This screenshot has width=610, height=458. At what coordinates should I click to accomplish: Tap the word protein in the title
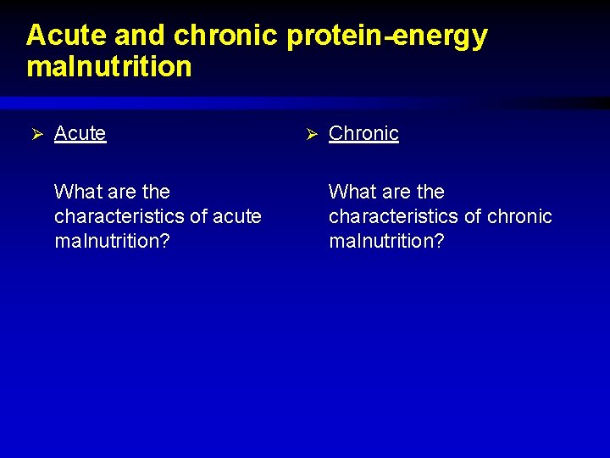(x=335, y=36)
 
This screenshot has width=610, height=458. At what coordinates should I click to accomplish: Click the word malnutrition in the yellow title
(x=109, y=66)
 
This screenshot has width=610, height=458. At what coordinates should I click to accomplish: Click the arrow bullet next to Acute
(x=36, y=134)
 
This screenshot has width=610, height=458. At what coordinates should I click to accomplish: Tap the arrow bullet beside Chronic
(x=310, y=134)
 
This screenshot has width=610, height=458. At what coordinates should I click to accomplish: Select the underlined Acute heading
(x=80, y=133)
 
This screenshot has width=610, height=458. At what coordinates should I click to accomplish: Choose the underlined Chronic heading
(x=363, y=133)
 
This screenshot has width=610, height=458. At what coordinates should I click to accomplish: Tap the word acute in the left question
(x=236, y=216)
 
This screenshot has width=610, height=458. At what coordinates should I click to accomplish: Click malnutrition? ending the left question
(x=112, y=241)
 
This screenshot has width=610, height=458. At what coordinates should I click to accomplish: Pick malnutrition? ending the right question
(x=386, y=241)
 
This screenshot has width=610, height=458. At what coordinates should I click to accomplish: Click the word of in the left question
(x=197, y=216)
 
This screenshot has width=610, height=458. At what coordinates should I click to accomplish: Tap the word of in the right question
(x=472, y=216)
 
